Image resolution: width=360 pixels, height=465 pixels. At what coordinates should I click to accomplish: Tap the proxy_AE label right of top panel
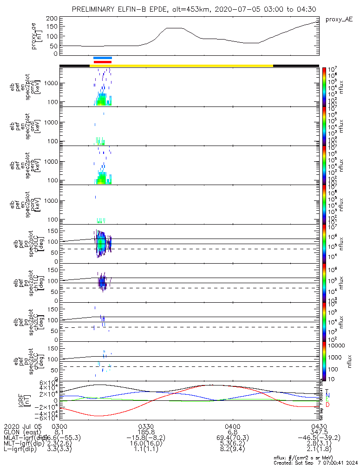(339, 20)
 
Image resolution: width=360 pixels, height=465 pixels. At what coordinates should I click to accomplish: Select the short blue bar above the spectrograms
(103, 58)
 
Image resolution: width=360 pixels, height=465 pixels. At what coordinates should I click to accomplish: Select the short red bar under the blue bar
(103, 61)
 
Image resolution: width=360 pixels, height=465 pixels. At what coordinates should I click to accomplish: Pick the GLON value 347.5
(319, 432)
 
